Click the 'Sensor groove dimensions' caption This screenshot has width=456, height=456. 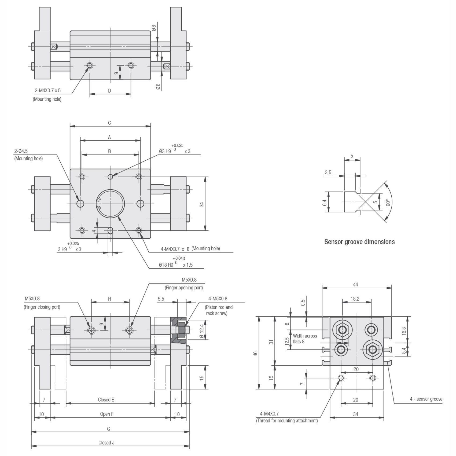pos(359,242)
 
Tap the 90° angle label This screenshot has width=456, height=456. pos(388,202)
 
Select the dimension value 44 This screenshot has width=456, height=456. pos(355,284)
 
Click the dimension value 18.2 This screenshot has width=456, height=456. pos(355,299)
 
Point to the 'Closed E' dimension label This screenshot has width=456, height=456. pos(106,400)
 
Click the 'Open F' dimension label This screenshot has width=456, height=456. pos(107,414)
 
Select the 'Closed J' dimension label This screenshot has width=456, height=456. pos(106,443)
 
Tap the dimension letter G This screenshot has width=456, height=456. pos(108,429)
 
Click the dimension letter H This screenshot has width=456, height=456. pos(109,299)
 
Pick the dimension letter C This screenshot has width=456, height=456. pos(109,123)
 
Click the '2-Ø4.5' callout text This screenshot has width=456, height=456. pos(21,151)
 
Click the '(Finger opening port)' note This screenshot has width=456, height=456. pos(184,288)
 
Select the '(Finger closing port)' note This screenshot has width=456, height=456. pos(42,307)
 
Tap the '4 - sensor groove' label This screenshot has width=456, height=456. pos(426,399)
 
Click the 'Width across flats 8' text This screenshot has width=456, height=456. pos(305,339)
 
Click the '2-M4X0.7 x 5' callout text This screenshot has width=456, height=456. pos(48,90)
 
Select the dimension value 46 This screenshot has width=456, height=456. pos(256,354)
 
